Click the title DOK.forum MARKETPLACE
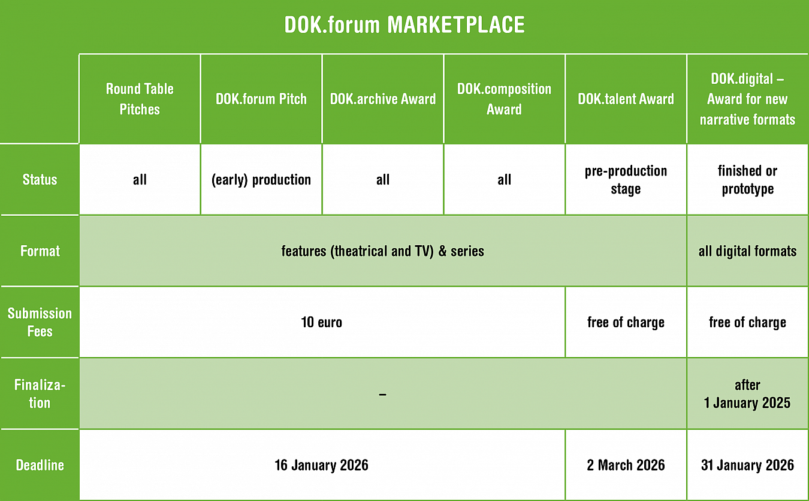(x=404, y=25)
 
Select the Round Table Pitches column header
(x=140, y=99)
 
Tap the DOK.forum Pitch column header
(x=261, y=99)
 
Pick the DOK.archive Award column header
(x=383, y=99)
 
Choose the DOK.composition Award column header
(x=504, y=99)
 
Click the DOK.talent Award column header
(x=626, y=99)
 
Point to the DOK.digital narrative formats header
(x=748, y=99)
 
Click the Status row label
(x=40, y=180)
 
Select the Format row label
(x=40, y=251)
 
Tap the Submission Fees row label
(x=40, y=322)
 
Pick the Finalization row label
(x=40, y=394)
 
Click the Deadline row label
(x=40, y=465)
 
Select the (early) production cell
(x=261, y=180)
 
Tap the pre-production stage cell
(x=626, y=180)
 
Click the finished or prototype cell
(x=748, y=180)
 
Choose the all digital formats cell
(x=748, y=251)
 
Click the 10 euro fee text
(x=321, y=322)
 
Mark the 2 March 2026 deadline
(x=626, y=465)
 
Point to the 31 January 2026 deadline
(x=748, y=465)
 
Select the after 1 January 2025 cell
(x=747, y=394)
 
